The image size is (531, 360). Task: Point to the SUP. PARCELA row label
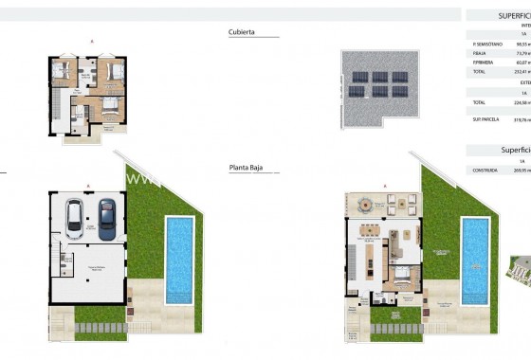point(484,119)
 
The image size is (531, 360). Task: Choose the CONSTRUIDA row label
point(485,170)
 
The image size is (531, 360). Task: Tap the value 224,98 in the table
point(520,102)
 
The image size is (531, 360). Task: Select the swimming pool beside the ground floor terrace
point(475,260)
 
